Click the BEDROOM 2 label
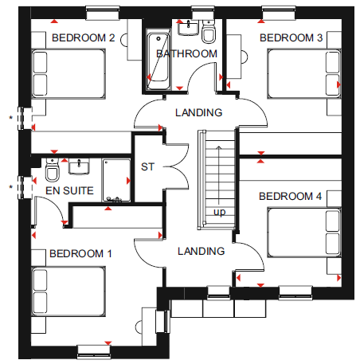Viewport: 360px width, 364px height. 84,38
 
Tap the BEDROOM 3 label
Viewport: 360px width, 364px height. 292,38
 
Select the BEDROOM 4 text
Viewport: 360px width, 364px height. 290,197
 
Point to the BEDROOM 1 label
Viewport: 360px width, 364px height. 80,253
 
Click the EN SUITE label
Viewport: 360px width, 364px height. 69,190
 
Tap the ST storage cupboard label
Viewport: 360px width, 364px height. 147,167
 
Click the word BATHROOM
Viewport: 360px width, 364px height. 187,54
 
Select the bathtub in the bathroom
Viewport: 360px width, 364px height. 158,61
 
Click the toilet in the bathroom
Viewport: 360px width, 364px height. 209,32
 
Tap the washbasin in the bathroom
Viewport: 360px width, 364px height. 188,28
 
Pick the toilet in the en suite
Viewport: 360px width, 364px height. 52,170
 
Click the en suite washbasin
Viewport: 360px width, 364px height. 79,166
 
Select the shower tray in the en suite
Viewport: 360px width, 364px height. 116,181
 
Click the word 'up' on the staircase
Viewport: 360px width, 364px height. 220,212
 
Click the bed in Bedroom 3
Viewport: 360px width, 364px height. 304,73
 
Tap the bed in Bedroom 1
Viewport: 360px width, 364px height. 68,292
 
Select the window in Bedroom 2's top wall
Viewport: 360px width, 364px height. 103,13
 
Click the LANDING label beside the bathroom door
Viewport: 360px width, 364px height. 199,112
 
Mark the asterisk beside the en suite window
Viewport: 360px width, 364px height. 10,187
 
